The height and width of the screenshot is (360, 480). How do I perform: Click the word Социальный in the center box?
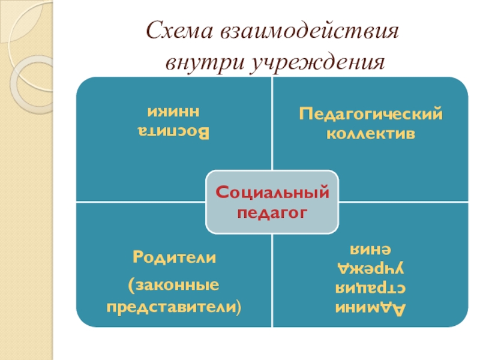272,193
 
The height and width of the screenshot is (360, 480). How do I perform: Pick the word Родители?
174,259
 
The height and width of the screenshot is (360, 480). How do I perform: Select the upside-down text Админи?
371,309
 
